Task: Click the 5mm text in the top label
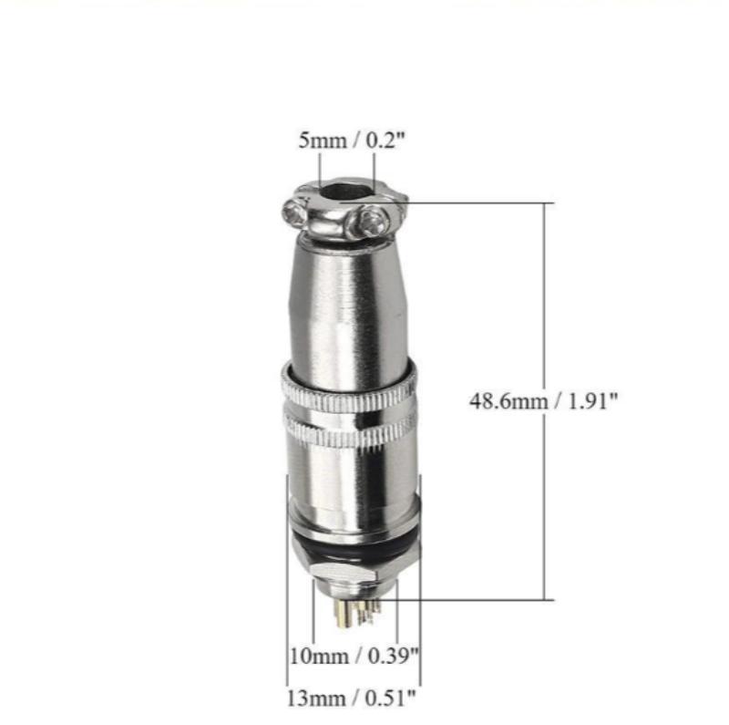coord(323,140)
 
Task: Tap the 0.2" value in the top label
coord(385,140)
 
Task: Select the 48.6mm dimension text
coord(508,401)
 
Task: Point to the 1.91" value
coord(593,400)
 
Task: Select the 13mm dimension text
coord(315,699)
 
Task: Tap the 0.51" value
coord(390,698)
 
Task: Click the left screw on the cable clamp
coord(293,212)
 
